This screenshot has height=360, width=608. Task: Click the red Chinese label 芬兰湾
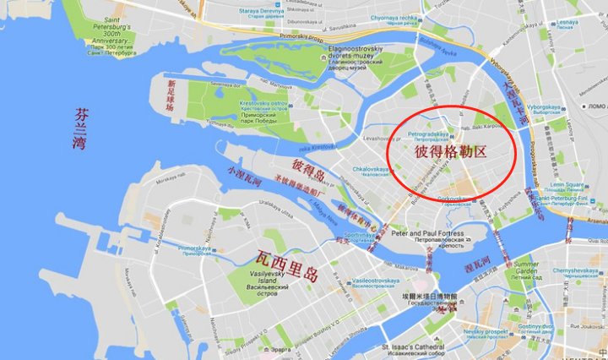(x=79, y=128)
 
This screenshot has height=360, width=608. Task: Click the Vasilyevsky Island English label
(x=271, y=275)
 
